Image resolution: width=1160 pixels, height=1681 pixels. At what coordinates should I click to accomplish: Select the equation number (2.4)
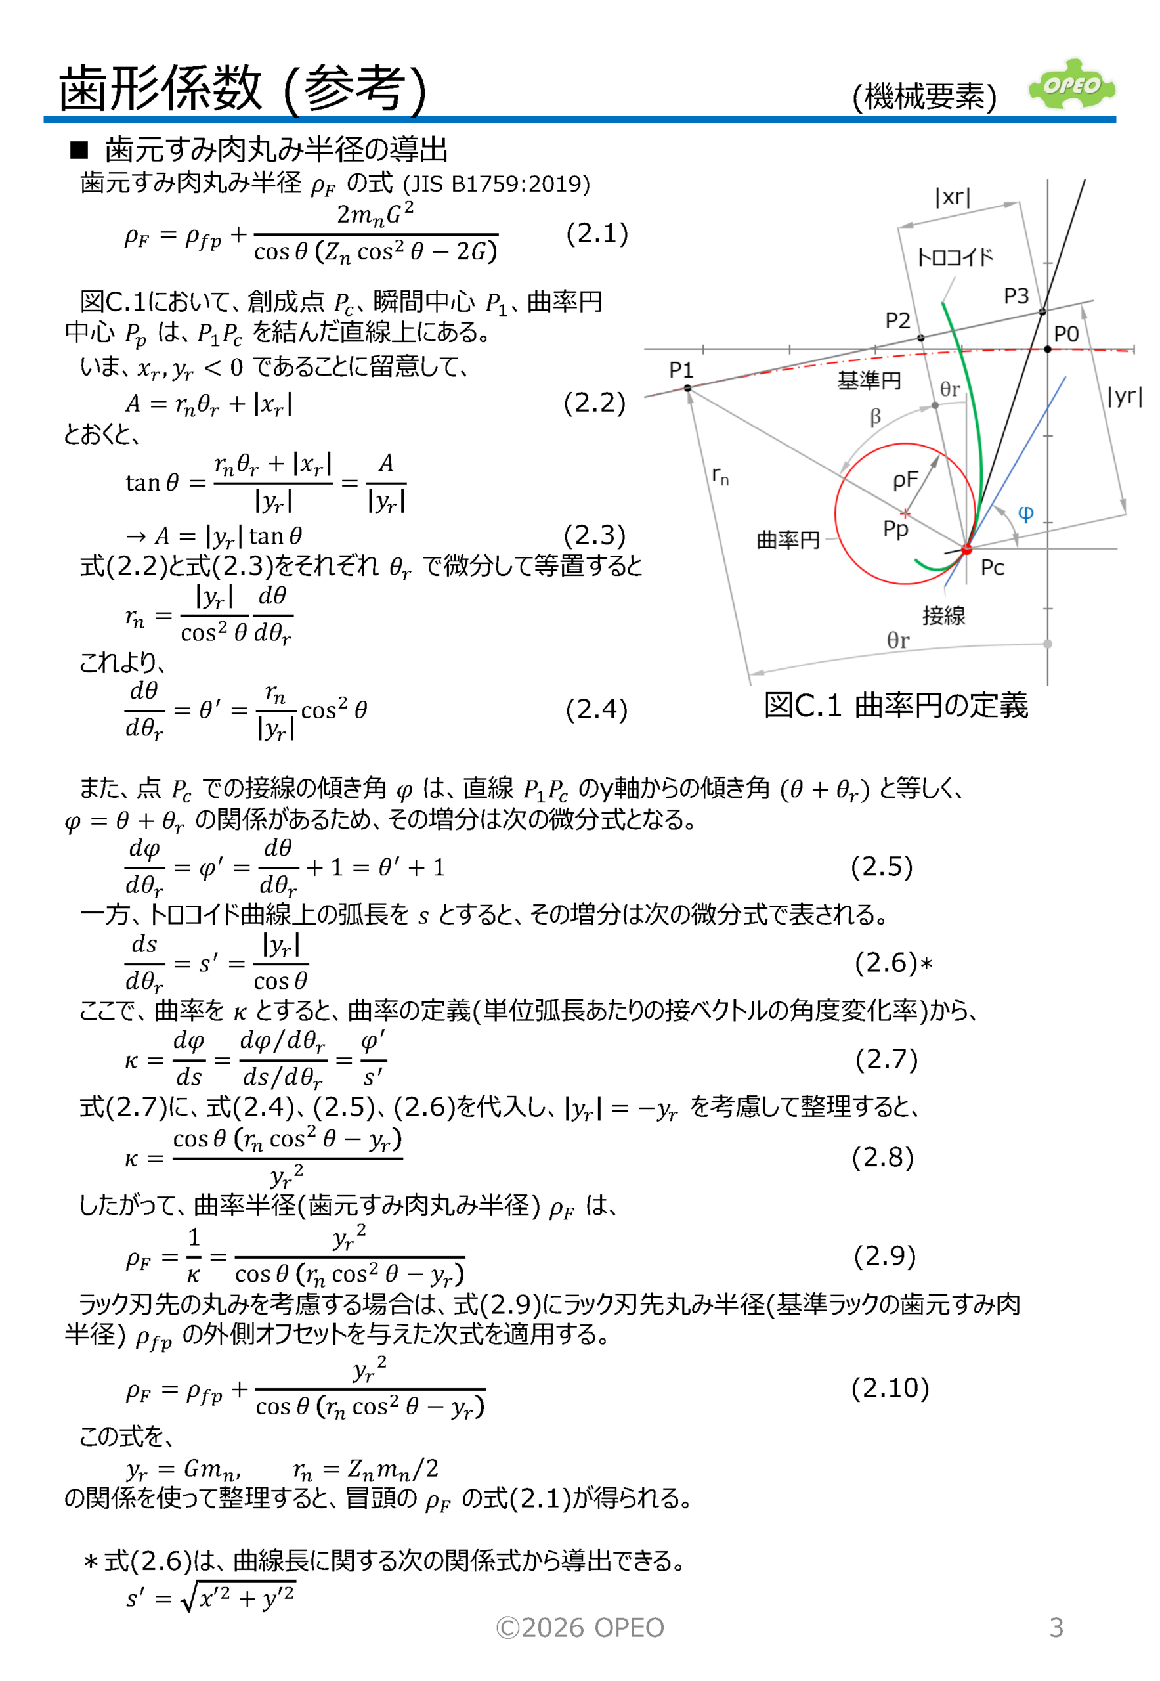point(596,709)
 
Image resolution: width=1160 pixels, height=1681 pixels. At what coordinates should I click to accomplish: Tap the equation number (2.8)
point(882,1157)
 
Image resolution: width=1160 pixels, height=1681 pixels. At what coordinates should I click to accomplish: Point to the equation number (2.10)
point(890,1387)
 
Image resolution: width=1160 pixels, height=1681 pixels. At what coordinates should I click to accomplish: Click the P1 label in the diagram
point(681,370)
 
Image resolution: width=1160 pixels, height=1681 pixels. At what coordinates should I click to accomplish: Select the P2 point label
point(897,320)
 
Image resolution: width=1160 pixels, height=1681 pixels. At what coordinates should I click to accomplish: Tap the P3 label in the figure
point(1016,296)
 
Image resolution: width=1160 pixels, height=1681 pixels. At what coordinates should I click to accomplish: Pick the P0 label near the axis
point(1066,334)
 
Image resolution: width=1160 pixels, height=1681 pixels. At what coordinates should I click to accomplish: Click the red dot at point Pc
point(966,549)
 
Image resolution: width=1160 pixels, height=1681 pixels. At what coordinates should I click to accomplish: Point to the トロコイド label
point(955,257)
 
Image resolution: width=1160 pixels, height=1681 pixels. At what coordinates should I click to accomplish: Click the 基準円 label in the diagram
point(869,380)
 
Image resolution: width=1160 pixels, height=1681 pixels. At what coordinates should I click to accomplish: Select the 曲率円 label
point(788,540)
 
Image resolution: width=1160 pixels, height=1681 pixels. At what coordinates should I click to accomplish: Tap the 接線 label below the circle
point(943,616)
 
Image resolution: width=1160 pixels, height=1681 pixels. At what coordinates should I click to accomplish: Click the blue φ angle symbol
point(1025,514)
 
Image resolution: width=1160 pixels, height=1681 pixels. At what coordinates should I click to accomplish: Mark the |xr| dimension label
point(953,197)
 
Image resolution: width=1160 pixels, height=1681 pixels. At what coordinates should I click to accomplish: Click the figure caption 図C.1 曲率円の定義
point(895,705)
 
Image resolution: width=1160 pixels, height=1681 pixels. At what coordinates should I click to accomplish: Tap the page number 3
point(1056,1627)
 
